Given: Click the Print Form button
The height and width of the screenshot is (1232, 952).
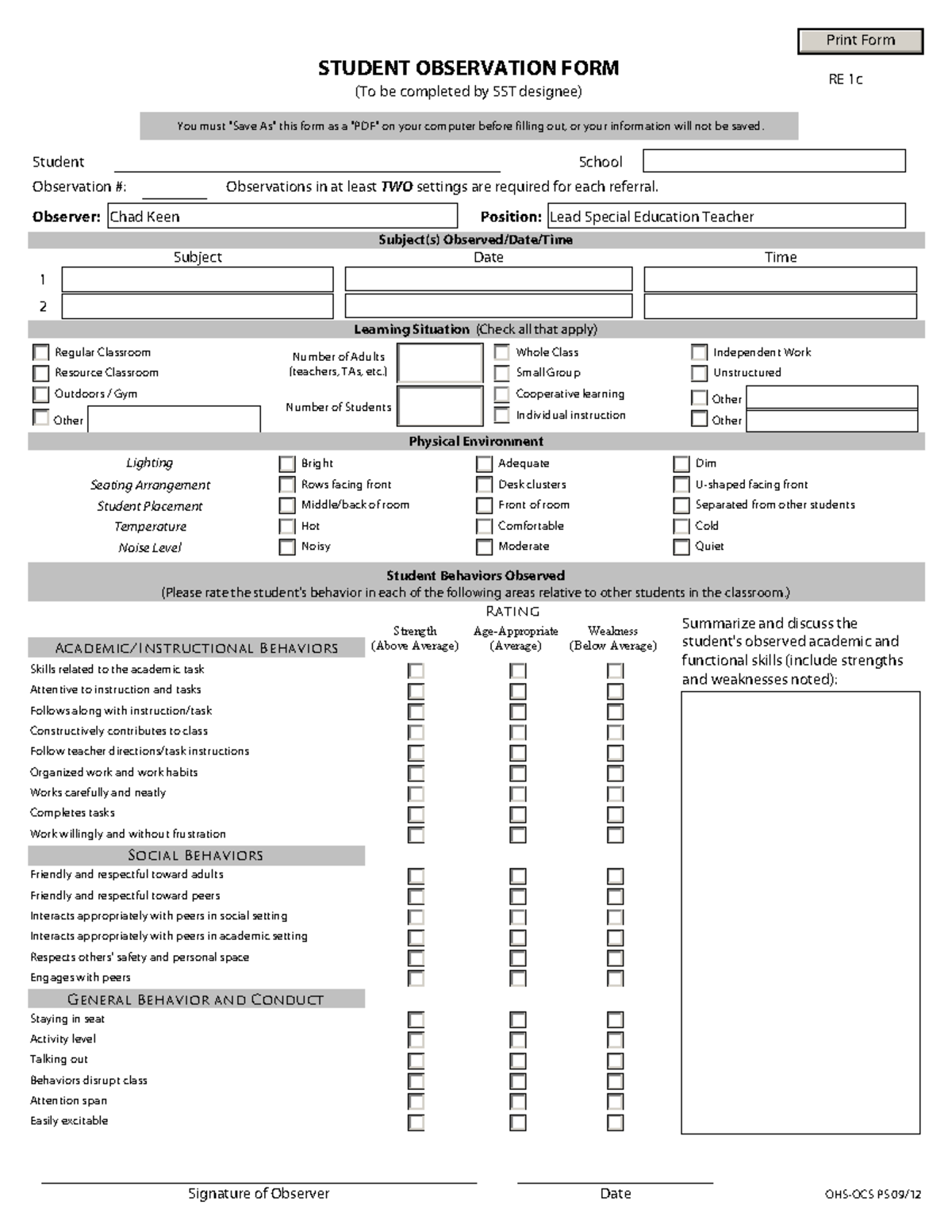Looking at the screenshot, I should point(860,40).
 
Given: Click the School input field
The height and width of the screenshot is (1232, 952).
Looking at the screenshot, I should point(773,161).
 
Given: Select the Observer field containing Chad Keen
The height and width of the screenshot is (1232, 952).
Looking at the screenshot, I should point(282,216).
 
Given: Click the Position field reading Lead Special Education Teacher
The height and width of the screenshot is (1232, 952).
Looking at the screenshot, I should point(726,216).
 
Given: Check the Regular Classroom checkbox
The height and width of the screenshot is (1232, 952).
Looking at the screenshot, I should point(41,352).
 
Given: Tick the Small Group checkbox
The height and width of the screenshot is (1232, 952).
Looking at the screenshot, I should point(501,373).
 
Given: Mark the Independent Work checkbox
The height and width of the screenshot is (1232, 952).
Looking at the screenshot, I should point(699,352).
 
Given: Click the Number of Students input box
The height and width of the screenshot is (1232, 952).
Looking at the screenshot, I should point(440,406).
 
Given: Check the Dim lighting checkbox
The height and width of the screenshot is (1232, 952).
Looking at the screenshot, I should point(681,463).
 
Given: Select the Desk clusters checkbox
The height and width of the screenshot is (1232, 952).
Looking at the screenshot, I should point(484,484).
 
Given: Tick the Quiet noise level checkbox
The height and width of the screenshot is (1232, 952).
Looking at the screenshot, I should point(681,547).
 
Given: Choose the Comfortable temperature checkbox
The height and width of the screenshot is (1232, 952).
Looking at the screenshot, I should point(484,526).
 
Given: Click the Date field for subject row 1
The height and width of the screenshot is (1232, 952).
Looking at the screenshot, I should point(488,279).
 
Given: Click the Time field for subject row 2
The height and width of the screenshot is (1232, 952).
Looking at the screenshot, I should point(780,306).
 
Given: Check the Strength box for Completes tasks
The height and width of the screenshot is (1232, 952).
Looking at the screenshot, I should point(416,814).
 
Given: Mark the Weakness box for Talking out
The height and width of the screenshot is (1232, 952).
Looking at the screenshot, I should point(615,1061).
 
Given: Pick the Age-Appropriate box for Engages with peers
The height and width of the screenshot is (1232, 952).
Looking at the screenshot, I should point(517,978).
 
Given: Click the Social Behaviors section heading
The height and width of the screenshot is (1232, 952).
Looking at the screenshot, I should point(196,855).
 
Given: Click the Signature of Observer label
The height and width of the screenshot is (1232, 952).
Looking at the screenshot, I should point(259,1193).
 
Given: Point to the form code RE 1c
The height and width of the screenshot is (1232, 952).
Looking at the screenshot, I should point(845,79).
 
